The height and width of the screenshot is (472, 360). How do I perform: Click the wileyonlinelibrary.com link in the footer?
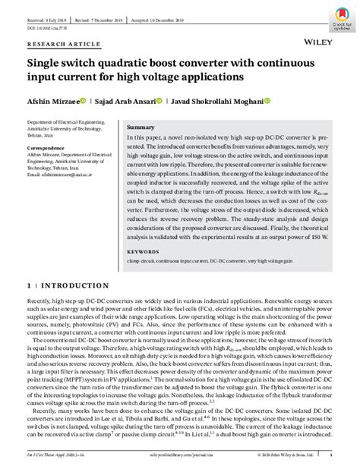pyautogui.click(x=177, y=456)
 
